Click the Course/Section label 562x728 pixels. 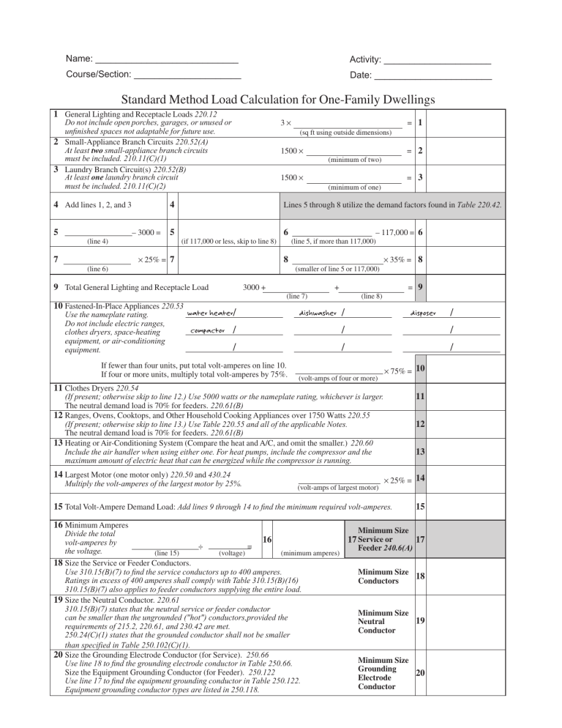(x=98, y=75)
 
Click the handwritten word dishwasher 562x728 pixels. (x=318, y=313)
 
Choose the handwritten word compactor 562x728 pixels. (x=207, y=331)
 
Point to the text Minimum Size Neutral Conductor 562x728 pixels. (x=382, y=621)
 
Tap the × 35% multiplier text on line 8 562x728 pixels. (x=395, y=259)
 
